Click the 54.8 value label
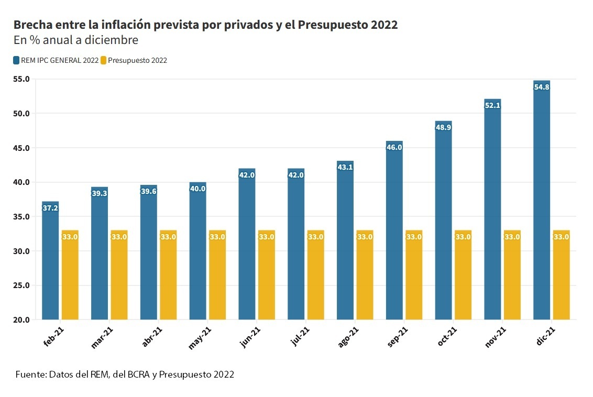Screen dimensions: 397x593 542,87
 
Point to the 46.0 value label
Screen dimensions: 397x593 394,148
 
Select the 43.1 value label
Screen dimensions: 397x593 345,168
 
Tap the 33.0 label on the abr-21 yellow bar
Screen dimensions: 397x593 168,237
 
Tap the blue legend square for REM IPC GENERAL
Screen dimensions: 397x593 17,60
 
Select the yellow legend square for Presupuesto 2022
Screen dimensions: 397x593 104,60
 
